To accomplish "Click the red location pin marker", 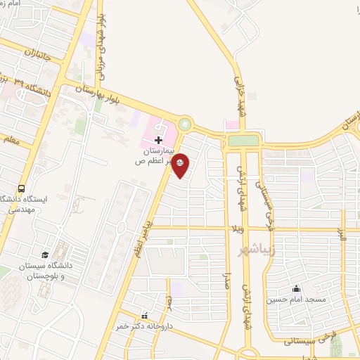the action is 181,165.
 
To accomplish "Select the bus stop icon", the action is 22,188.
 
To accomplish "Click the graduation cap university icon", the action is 45,254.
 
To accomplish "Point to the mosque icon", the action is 295,288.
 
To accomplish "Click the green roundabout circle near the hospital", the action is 184,124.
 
